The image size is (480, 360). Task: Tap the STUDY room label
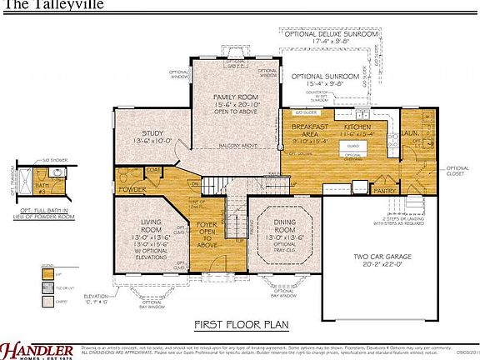point(152,132)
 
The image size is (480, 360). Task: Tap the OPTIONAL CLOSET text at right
point(457,172)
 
